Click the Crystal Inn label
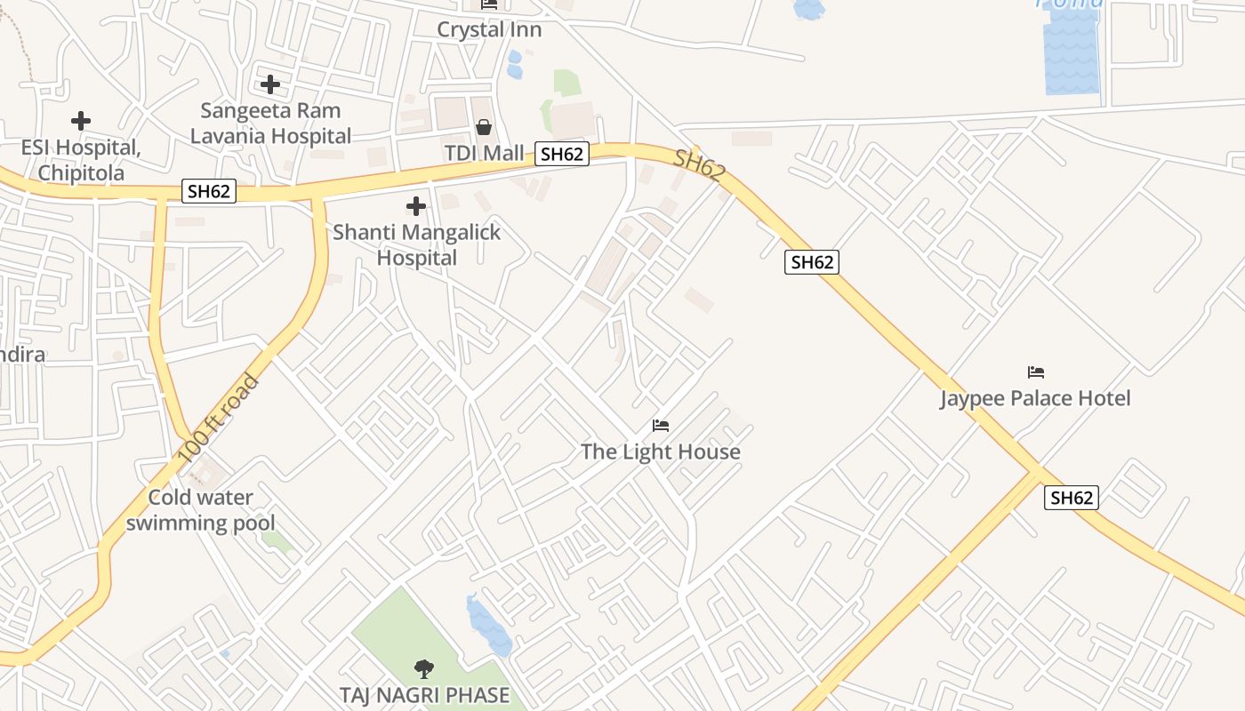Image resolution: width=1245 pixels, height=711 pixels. tap(489, 29)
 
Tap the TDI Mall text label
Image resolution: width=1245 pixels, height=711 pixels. tap(485, 153)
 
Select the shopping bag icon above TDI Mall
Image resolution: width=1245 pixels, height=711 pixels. tap(484, 127)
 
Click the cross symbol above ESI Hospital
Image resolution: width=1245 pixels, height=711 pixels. tap(81, 120)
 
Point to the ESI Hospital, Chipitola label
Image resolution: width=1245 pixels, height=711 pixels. tap(81, 160)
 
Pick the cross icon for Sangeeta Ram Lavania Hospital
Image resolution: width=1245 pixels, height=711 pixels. tap(270, 84)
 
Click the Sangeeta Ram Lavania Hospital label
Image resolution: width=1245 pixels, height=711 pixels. tap(271, 124)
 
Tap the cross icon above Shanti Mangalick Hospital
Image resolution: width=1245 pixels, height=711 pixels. tap(415, 206)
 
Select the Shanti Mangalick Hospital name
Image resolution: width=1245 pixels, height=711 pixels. tap(416, 245)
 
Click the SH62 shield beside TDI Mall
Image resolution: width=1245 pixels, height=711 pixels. tap(562, 154)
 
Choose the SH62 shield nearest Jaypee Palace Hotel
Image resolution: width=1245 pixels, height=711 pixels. tap(1071, 498)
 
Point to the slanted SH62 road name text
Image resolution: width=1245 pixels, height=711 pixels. tap(699, 166)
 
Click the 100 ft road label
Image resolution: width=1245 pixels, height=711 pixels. tap(219, 418)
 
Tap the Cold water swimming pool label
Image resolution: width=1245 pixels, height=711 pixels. tap(201, 510)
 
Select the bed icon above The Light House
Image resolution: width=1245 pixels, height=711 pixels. tap(661, 426)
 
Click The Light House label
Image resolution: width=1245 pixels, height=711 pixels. tap(661, 451)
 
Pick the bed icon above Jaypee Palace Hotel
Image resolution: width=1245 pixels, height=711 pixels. tap(1036, 371)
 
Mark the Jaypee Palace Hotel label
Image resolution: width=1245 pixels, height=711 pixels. tap(1036, 398)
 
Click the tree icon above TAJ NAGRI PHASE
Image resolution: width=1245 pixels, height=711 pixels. tap(424, 668)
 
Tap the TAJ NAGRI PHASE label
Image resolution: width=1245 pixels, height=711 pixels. tap(425, 695)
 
